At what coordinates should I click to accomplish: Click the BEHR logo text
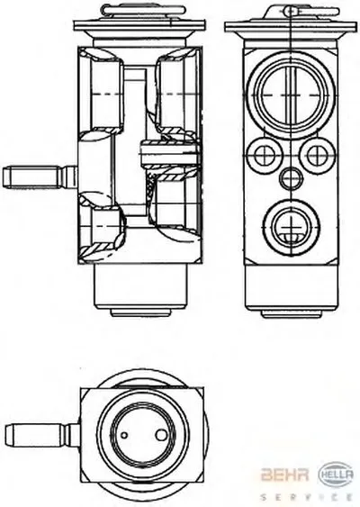(x=284, y=475)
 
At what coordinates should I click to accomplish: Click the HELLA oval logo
(x=336, y=475)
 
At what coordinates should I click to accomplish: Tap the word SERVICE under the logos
(x=306, y=496)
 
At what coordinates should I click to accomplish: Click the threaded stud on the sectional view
(x=40, y=177)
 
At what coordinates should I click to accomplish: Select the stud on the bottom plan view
(x=42, y=435)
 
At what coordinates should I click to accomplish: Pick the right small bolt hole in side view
(x=316, y=155)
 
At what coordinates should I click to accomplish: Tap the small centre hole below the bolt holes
(x=292, y=177)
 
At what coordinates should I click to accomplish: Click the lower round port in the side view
(x=292, y=227)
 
